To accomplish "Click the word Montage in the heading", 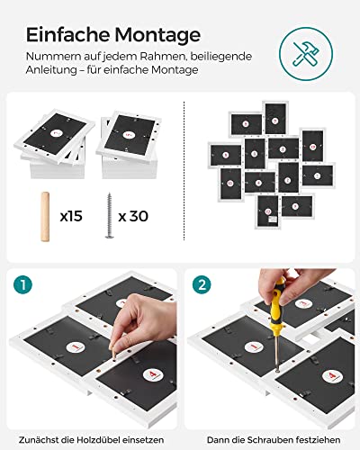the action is click(x=157, y=36).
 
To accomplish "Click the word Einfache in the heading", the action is click(x=68, y=34).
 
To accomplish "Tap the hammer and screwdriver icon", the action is click(x=306, y=54).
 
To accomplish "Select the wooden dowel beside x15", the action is click(x=45, y=216).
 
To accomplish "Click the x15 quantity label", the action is click(x=71, y=216).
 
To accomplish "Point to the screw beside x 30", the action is click(x=109, y=215).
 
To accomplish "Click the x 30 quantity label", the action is click(x=133, y=216).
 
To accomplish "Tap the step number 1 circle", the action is click(x=22, y=284).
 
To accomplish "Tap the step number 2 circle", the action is click(x=202, y=284).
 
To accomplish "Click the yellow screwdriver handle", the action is click(x=276, y=305).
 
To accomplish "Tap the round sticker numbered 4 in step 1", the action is click(x=153, y=375).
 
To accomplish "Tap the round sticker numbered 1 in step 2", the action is click(x=255, y=347).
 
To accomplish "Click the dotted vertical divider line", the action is click(x=184, y=170).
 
